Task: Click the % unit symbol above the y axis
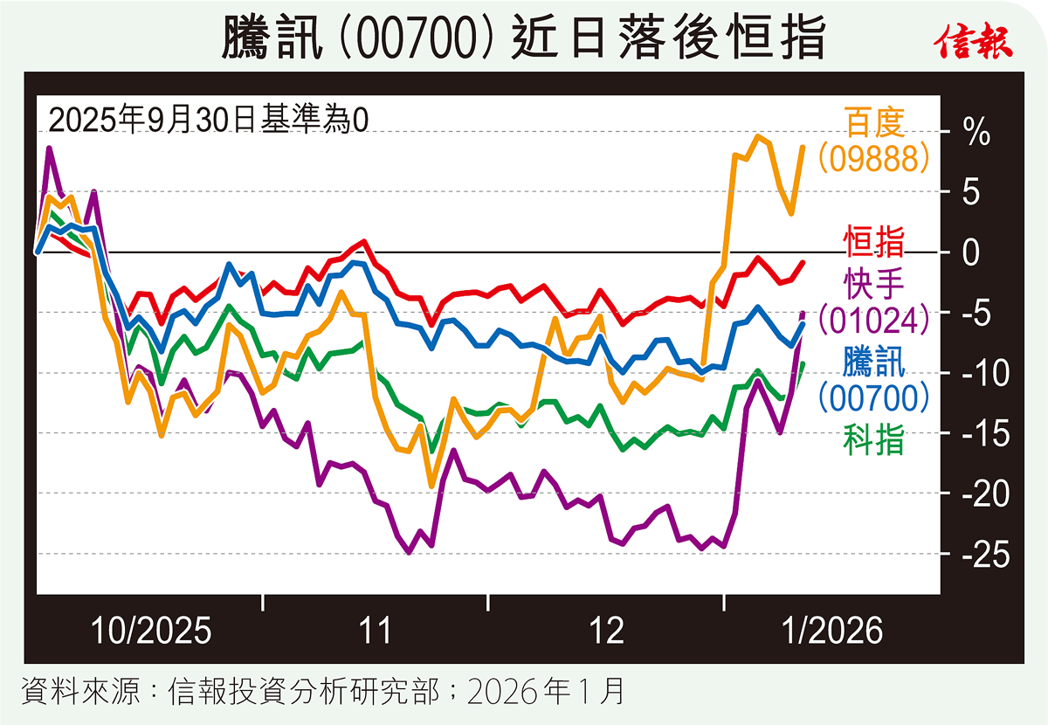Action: click(976, 133)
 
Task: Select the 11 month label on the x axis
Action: click(376, 630)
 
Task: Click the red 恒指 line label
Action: click(873, 240)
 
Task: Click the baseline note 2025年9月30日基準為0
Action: click(208, 119)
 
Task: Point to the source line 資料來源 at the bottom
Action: click(323, 693)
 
